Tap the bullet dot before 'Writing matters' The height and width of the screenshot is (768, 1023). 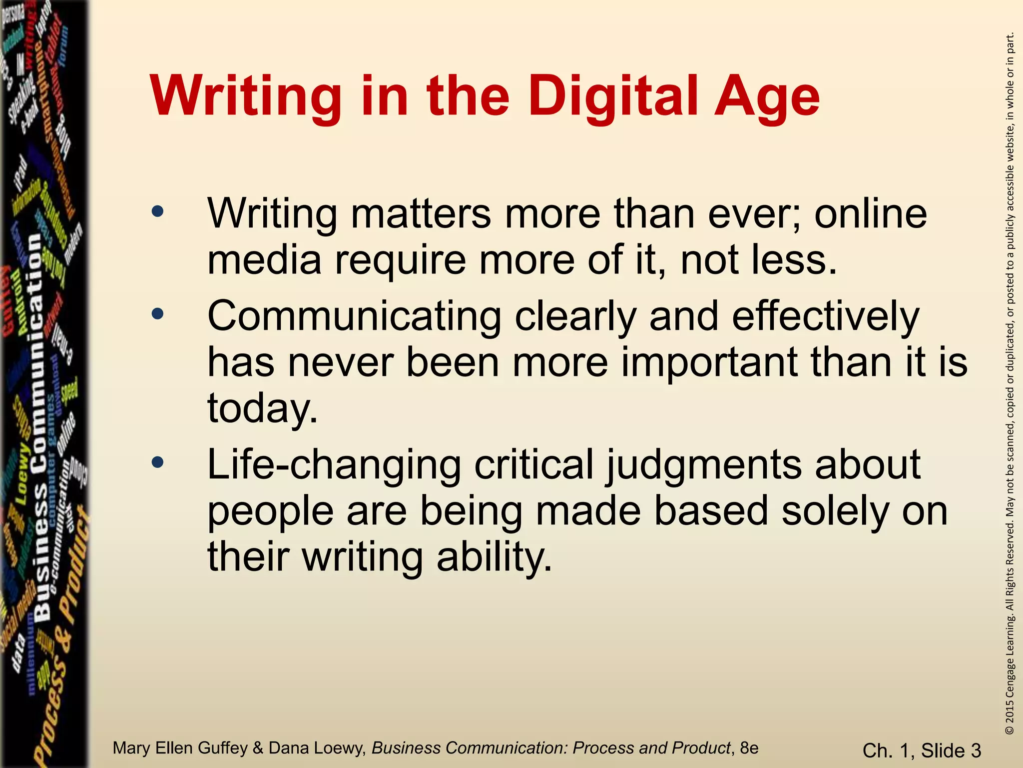click(157, 212)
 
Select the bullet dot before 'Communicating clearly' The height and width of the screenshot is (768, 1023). click(157, 314)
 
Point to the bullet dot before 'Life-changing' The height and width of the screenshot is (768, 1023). click(157, 462)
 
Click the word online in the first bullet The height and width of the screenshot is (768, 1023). click(870, 214)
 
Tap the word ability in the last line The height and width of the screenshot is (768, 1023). click(494, 557)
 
